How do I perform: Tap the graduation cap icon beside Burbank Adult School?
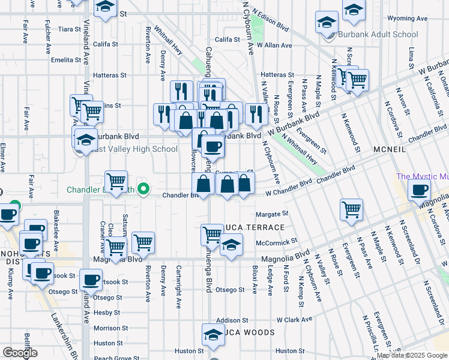327,23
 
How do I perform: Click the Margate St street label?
272,214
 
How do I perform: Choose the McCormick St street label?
276,241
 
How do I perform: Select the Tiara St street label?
69,29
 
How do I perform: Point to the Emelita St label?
66,60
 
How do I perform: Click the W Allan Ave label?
274,45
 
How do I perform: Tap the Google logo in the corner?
20,353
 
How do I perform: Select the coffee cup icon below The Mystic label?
419,190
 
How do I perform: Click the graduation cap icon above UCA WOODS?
212,334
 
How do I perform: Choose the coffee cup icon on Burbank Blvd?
211,146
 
